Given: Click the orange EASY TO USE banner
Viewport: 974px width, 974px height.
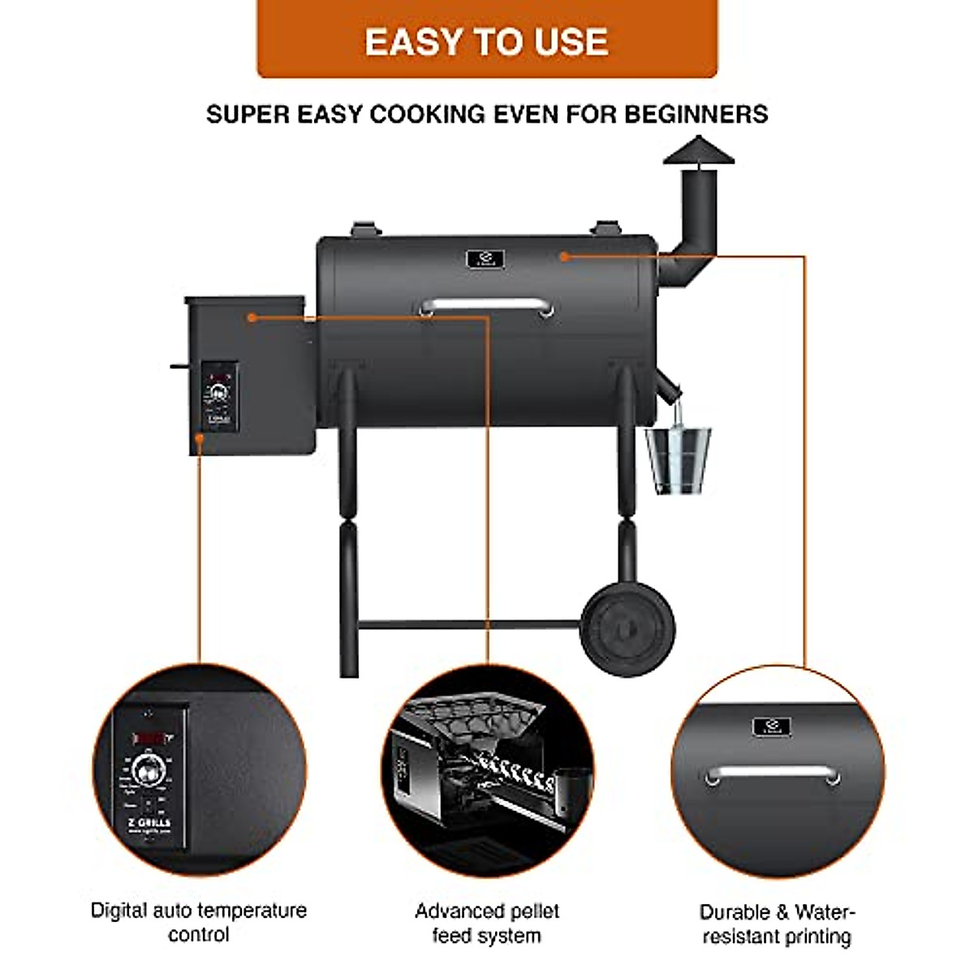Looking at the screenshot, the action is (487, 41).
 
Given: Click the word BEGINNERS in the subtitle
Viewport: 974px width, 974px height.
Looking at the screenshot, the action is (696, 114).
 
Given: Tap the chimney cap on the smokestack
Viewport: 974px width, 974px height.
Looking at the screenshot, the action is (698, 152).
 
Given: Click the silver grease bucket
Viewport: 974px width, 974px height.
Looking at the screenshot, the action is (678, 459).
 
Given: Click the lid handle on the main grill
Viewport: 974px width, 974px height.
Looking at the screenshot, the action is (485, 306).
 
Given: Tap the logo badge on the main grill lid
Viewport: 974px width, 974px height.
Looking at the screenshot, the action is (485, 260).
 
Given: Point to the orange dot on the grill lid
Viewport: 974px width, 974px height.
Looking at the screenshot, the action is (563, 256).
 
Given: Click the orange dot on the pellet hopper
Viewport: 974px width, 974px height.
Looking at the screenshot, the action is (252, 317).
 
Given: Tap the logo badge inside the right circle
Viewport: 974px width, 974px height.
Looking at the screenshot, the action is (771, 727).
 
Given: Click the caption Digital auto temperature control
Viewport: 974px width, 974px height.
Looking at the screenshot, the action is (199, 922).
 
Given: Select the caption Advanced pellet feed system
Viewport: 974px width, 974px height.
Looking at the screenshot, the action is (487, 923).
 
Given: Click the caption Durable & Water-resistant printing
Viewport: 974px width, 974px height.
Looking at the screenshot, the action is (777, 924).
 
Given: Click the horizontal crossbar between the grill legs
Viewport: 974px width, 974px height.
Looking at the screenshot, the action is (469, 625).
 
